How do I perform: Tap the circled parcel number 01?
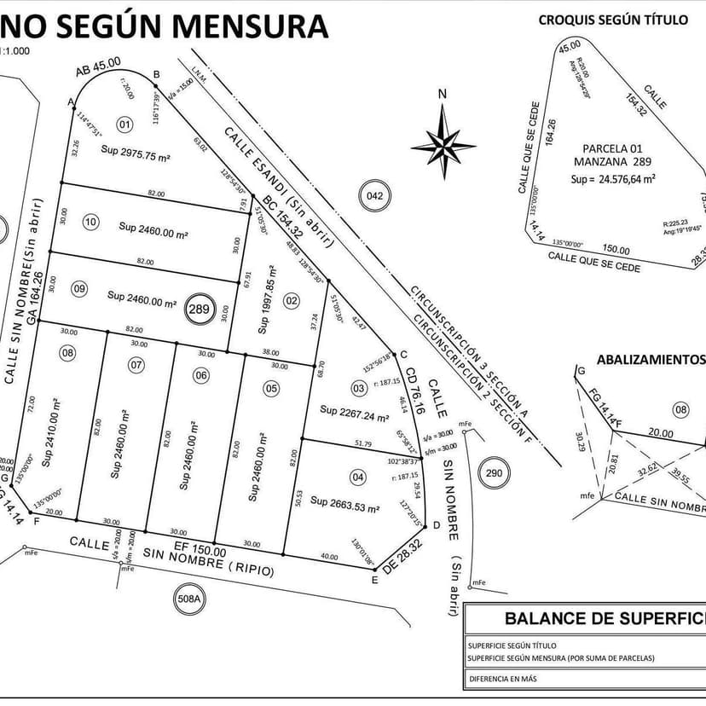tap(125, 125)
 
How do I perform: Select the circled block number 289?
tap(200, 309)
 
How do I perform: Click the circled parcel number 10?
tap(90, 223)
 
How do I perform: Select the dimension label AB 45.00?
tap(98, 67)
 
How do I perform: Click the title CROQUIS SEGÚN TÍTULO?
tap(612, 20)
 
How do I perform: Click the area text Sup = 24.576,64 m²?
tap(613, 179)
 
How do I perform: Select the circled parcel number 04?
tap(358, 477)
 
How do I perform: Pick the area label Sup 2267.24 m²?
tap(355, 413)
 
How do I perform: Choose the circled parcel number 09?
tap(79, 289)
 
